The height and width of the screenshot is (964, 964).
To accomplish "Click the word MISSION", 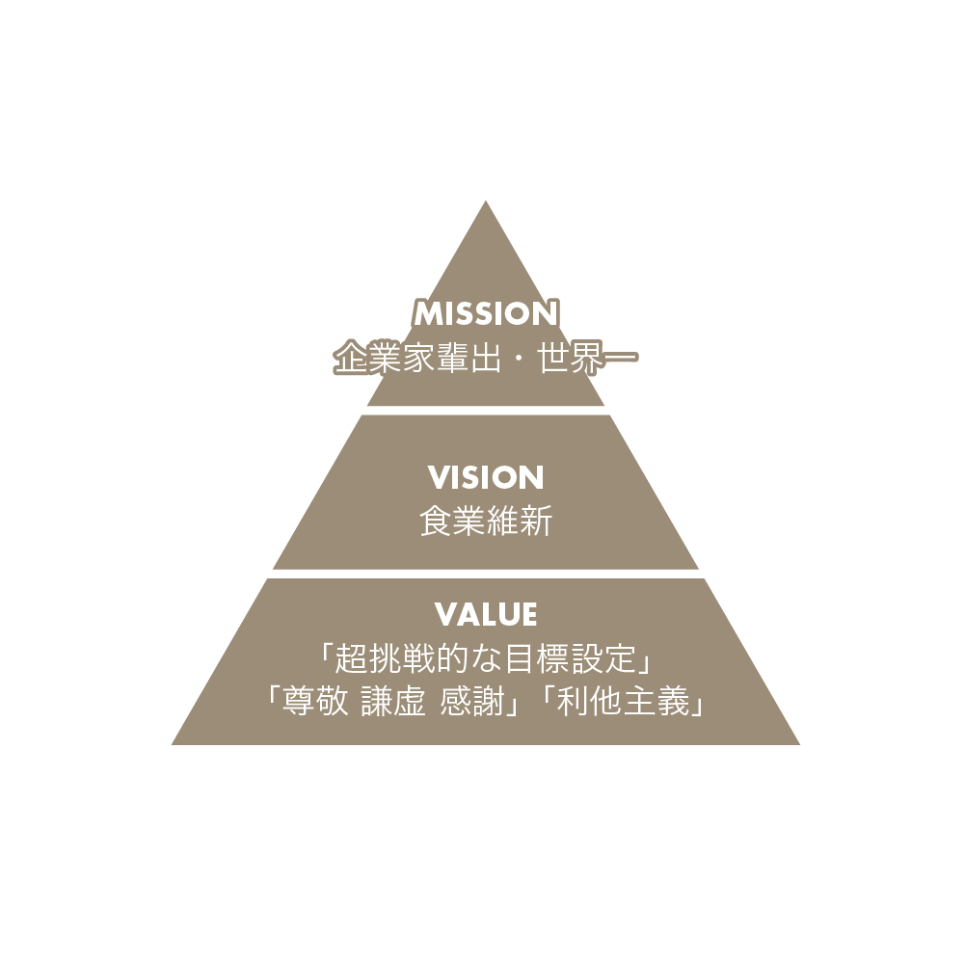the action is (486, 313).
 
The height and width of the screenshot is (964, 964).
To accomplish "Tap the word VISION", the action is (486, 478).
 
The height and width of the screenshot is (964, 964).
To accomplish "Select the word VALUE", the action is (486, 614).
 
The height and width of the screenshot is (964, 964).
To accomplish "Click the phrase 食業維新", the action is (486, 521).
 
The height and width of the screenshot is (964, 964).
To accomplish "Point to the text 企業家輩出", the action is (417, 358).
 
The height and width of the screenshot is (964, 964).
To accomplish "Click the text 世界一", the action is (587, 358).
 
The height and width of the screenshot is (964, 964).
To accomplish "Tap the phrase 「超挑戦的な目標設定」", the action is (486, 658).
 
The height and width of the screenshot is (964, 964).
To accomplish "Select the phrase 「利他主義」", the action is (622, 702).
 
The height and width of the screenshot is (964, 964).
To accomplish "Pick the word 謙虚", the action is (393, 702).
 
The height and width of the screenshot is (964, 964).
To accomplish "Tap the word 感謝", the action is (472, 702).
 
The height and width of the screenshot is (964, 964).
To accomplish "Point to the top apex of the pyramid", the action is (486, 201).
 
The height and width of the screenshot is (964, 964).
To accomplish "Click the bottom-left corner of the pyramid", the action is (173, 744).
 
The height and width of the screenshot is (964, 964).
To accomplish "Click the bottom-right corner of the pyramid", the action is (799, 744).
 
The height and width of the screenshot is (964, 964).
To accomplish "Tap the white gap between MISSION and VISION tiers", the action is (486, 410).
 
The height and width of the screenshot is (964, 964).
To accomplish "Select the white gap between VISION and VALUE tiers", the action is (486, 574).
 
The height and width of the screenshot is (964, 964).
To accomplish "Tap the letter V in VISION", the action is (440, 478).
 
